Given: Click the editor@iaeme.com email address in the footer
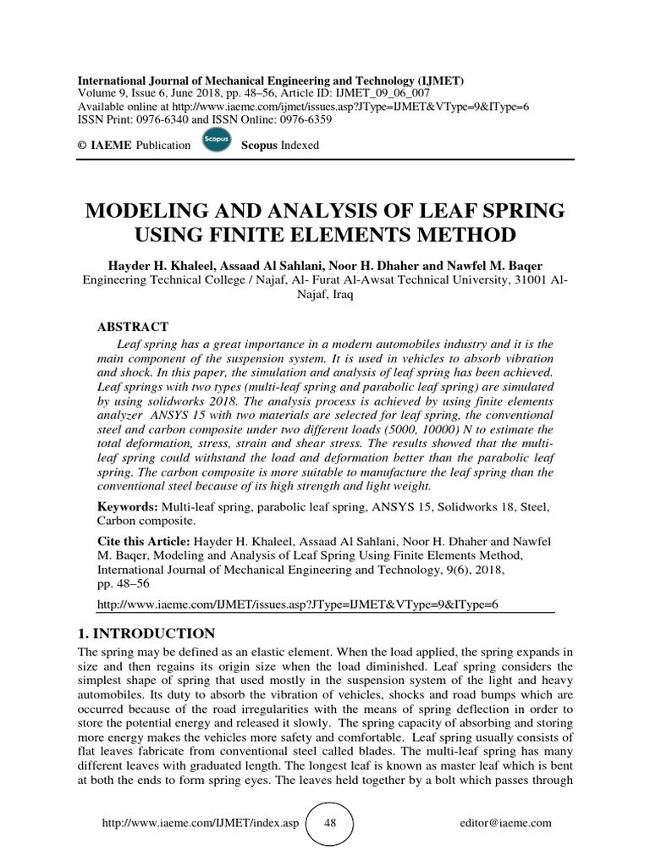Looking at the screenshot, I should tap(505, 823).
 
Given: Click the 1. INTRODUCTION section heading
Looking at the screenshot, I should tap(146, 633).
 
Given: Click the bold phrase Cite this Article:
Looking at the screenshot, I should tap(145, 539).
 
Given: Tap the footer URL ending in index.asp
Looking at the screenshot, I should tap(200, 823).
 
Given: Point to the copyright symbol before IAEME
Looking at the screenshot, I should tap(82, 145).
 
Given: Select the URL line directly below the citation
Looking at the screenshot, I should tap(300, 605).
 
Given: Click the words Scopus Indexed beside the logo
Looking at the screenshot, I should tap(280, 145).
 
